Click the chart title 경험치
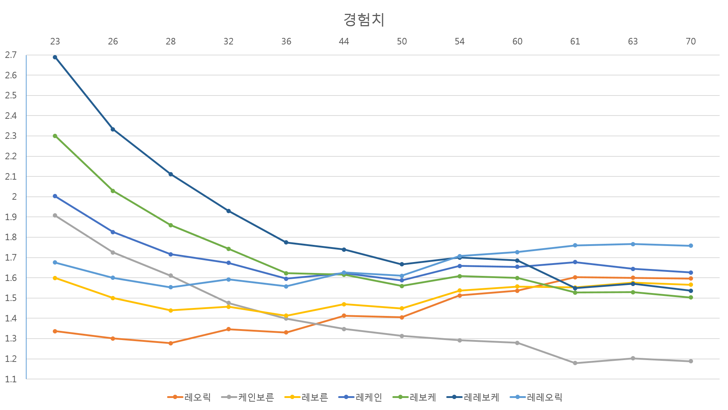coord(364,19)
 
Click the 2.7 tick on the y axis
coord(11,55)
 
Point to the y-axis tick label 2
coord(14,197)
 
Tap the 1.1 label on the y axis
coord(11,379)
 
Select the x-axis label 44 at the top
coord(344,42)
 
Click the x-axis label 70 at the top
coord(691,42)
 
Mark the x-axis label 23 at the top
coord(55,42)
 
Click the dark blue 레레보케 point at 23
coord(55,57)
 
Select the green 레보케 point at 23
coord(55,136)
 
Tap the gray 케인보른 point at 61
coord(575,363)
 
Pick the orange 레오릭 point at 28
coord(171,343)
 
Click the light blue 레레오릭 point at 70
coord(691,246)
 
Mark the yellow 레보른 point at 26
coord(113,298)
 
